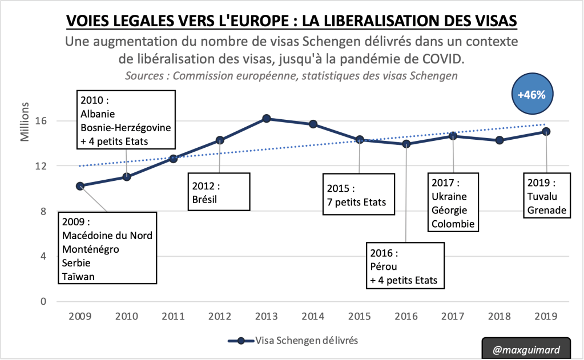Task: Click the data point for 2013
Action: pyautogui.click(x=266, y=119)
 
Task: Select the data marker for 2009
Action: pyautogui.click(x=80, y=185)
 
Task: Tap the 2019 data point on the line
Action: pyautogui.click(x=546, y=131)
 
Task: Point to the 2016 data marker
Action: pyautogui.click(x=406, y=144)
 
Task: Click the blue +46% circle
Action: pyautogui.click(x=531, y=95)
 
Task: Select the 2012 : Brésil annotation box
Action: pyautogui.click(x=219, y=193)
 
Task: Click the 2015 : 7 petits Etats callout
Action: pyautogui.click(x=359, y=195)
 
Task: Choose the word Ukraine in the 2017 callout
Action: pyautogui.click(x=449, y=196)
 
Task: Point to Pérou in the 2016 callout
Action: pyautogui.click(x=383, y=266)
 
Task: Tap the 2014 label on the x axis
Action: pyautogui.click(x=313, y=315)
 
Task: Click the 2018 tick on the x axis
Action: pyautogui.click(x=499, y=315)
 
